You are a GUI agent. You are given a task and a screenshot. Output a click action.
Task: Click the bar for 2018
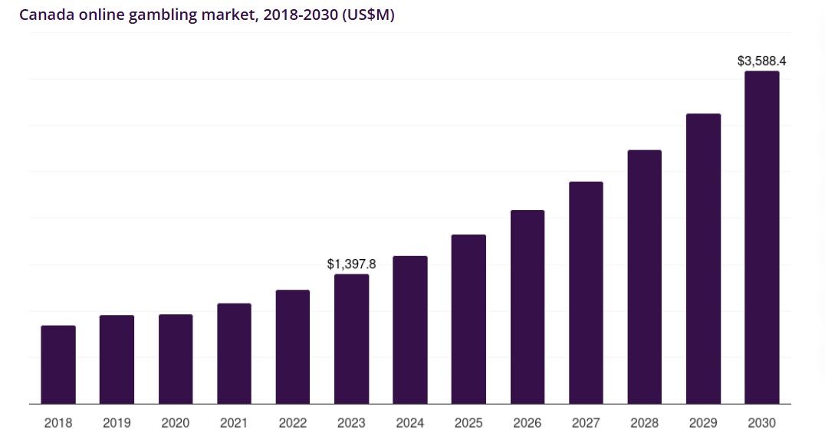pyautogui.click(x=58, y=365)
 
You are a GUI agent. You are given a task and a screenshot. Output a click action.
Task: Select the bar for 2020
pyautogui.click(x=176, y=359)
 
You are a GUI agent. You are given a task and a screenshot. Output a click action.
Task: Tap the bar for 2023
pyautogui.click(x=352, y=339)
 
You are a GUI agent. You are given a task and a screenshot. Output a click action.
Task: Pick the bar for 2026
pyautogui.click(x=528, y=307)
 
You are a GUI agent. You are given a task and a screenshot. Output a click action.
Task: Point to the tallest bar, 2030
pyautogui.click(x=762, y=238)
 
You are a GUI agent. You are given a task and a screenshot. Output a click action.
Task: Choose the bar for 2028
pyautogui.click(x=645, y=277)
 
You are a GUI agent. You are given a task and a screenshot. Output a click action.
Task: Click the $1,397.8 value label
pyautogui.click(x=351, y=264)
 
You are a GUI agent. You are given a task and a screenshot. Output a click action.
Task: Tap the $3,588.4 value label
pyautogui.click(x=761, y=61)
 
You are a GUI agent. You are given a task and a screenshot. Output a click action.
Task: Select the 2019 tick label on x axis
pyautogui.click(x=117, y=423)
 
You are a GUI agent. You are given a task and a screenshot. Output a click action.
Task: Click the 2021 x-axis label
pyautogui.click(x=234, y=423)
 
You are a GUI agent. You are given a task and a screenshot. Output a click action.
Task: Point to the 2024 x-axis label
pyautogui.click(x=410, y=423)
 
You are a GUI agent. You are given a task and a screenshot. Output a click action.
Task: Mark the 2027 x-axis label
pyautogui.click(x=586, y=423)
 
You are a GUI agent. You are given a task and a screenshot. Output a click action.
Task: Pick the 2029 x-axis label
pyautogui.click(x=703, y=423)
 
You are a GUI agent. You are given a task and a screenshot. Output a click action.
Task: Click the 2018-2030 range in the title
pyautogui.click(x=295, y=15)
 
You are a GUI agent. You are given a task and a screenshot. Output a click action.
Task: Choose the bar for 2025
pyautogui.click(x=468, y=319)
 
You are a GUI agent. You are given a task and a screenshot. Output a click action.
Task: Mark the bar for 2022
pyautogui.click(x=293, y=346)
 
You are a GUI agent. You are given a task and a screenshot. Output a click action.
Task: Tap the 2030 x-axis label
pyautogui.click(x=761, y=423)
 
